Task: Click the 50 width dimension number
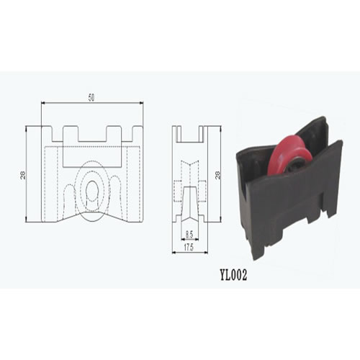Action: pyautogui.click(x=91, y=98)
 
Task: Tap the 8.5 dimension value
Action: pyautogui.click(x=189, y=234)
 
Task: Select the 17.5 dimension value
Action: pyautogui.click(x=189, y=248)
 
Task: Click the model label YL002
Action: pyautogui.click(x=233, y=276)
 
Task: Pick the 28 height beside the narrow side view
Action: pyautogui.click(x=218, y=174)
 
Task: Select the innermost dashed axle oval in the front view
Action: pyautogui.click(x=91, y=191)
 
